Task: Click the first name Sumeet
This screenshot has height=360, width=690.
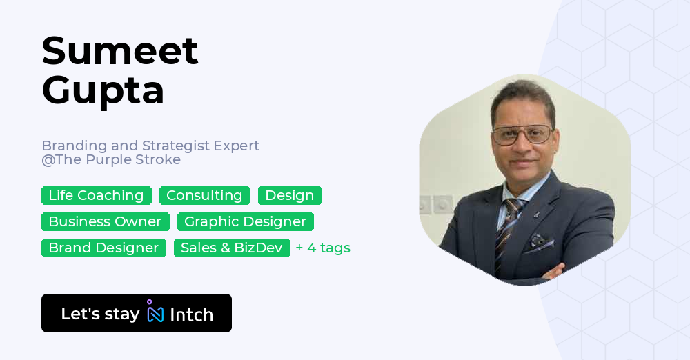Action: pos(120,50)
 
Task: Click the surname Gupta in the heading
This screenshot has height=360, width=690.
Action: pos(103,90)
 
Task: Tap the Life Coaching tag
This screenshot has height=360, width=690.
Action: pos(96,196)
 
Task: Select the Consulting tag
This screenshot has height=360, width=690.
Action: pos(204,196)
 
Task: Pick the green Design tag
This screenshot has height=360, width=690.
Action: pos(290,196)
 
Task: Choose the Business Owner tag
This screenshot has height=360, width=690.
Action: pos(105,222)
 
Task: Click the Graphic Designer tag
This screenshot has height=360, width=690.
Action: pos(245,222)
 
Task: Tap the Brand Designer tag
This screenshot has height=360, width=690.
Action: pos(103,248)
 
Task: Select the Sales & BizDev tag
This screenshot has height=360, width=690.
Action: pos(232,248)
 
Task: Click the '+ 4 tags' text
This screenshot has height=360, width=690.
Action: pos(323,248)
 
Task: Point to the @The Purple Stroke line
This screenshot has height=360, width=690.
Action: pos(111,160)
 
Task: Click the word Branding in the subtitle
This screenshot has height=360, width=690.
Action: pos(75,146)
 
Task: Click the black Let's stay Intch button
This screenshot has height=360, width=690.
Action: pos(137,313)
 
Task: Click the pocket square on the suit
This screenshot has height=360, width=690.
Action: pos(540,242)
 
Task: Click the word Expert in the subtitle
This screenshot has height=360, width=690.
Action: pos(237,146)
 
